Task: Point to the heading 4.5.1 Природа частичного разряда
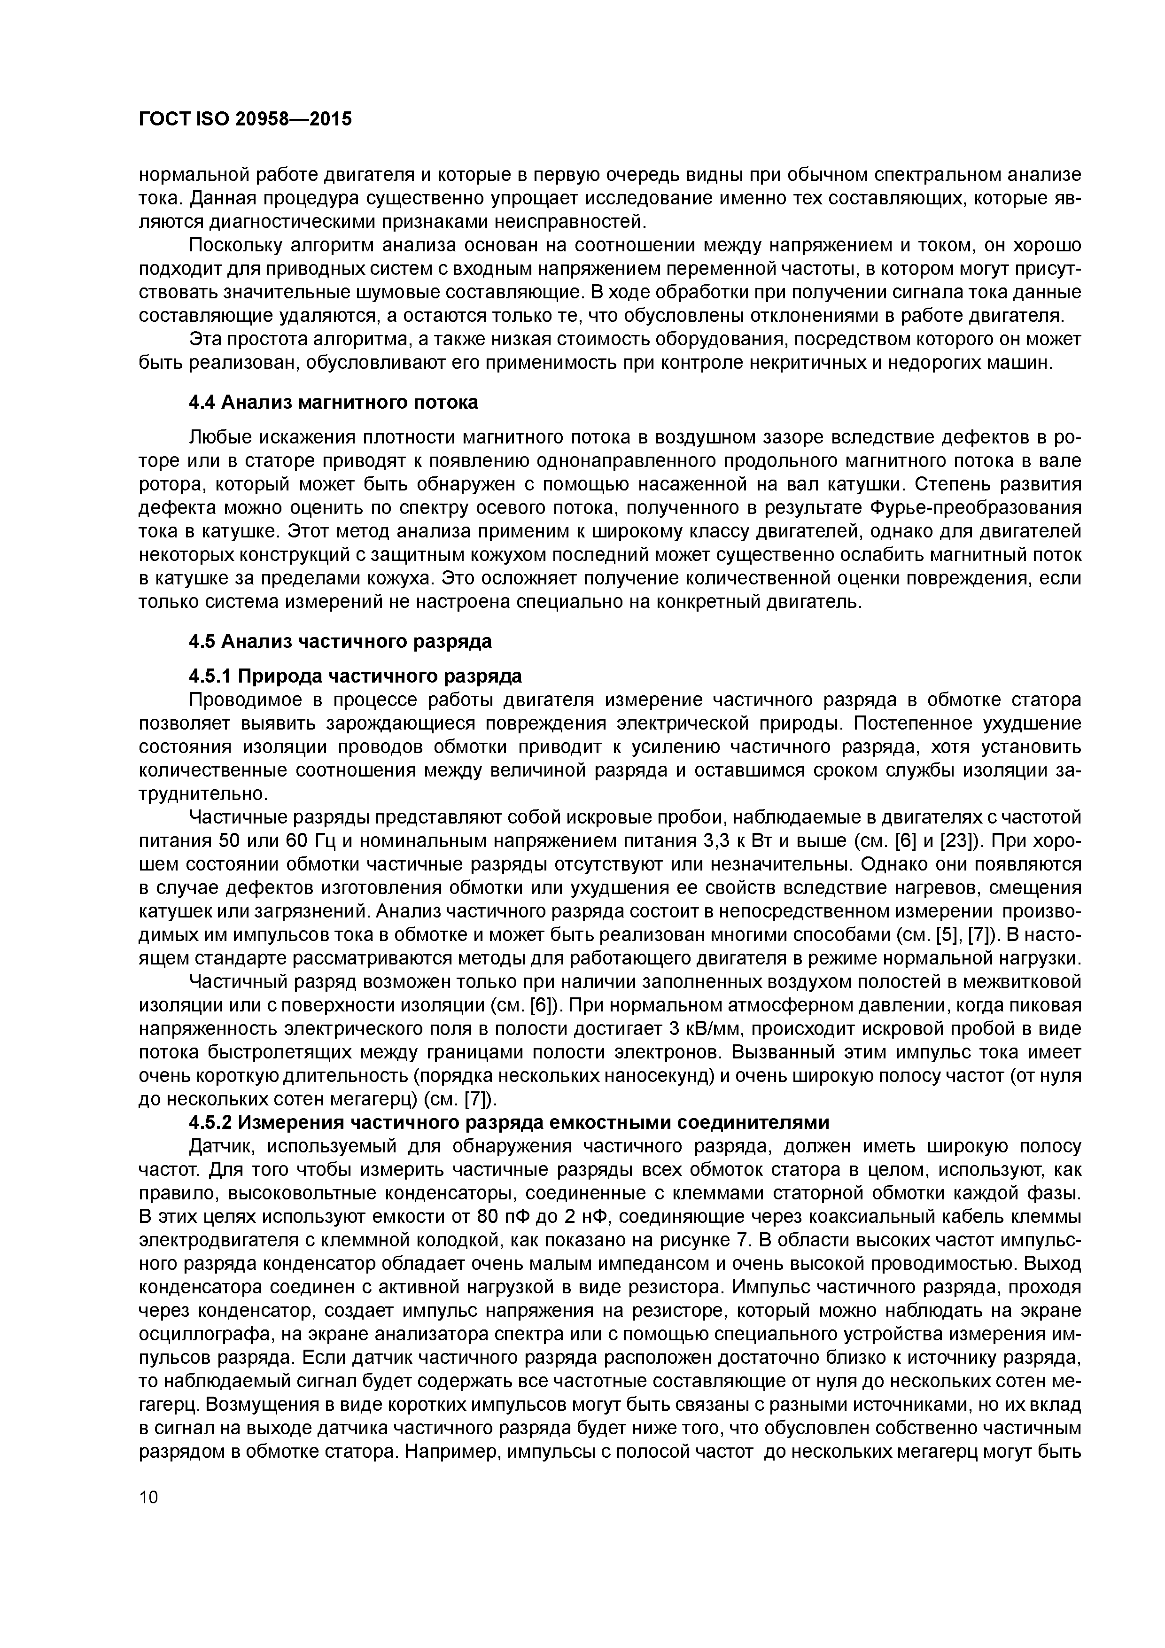click(355, 676)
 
